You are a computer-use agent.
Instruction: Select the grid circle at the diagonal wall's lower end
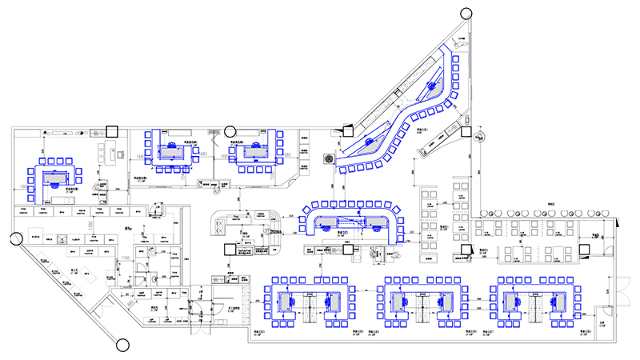point(123,345)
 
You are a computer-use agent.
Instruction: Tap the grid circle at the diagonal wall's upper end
point(15,238)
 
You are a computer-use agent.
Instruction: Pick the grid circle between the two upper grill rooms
point(230,129)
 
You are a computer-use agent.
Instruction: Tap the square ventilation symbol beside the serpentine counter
point(327,158)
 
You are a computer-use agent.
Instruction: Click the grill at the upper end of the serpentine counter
point(436,83)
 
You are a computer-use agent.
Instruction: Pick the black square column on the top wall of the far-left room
point(111,130)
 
